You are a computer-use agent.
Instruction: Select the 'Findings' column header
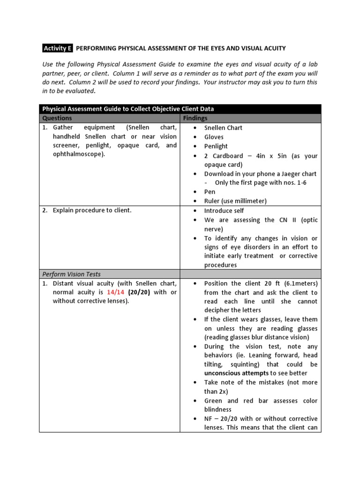click(195, 118)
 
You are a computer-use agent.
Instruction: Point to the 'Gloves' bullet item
click(214, 137)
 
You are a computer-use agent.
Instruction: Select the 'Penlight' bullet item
click(216, 146)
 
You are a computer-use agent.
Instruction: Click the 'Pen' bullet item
click(210, 192)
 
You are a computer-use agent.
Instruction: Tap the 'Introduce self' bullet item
click(224, 210)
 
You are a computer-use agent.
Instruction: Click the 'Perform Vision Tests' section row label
click(71, 274)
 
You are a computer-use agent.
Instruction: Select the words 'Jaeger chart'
click(298, 173)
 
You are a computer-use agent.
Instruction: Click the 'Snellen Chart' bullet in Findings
click(223, 127)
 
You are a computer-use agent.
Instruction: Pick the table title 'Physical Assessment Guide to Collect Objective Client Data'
click(128, 109)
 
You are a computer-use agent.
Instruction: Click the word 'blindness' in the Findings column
click(218, 409)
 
